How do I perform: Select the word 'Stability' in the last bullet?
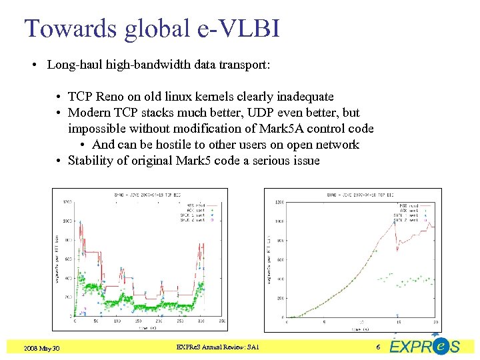pyautogui.click(x=91, y=161)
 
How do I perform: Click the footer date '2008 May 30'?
pyautogui.click(x=41, y=348)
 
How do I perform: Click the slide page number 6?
pyautogui.click(x=378, y=347)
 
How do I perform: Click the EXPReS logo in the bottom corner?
pyautogui.click(x=425, y=346)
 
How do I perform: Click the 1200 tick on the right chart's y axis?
pyautogui.click(x=280, y=202)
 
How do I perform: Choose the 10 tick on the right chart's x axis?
pyautogui.click(x=361, y=322)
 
